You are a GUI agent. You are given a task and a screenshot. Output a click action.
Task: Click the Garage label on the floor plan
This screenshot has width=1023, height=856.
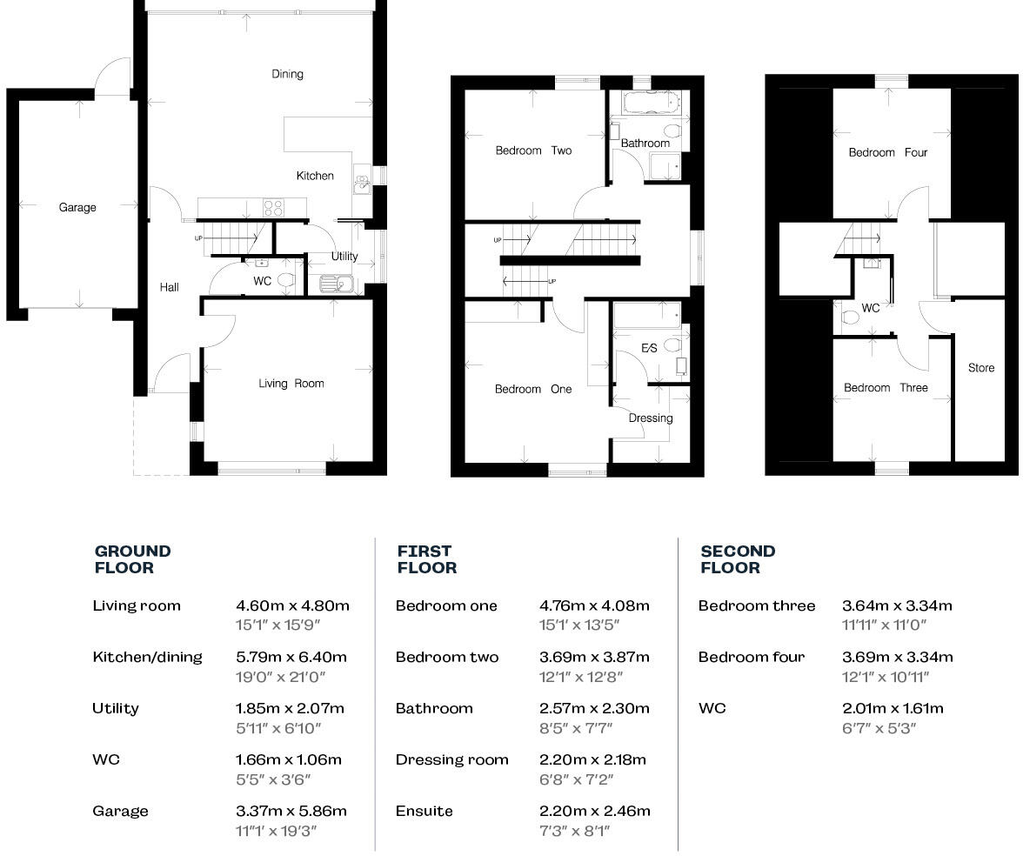coord(77,207)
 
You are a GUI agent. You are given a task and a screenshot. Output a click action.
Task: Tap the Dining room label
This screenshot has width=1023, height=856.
coord(287,74)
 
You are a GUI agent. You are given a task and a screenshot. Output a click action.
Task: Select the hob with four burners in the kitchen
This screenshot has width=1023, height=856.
coord(273,208)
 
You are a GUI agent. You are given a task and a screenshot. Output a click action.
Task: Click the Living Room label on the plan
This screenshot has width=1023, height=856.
coord(291,384)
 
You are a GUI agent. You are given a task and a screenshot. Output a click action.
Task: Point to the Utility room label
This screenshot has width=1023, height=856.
coord(344,257)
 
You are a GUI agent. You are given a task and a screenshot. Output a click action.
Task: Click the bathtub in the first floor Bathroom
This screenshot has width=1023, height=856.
coord(651,103)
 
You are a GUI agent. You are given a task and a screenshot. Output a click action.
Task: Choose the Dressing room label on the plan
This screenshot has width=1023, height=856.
coord(651,418)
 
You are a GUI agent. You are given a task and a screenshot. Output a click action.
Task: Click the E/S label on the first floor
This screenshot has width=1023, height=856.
coord(649,348)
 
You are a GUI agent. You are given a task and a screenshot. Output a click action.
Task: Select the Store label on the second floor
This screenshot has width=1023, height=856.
coord(981,368)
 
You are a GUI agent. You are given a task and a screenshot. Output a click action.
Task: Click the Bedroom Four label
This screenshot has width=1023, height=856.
coord(888,152)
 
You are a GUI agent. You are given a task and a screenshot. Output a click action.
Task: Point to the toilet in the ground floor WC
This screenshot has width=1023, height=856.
coord(285,280)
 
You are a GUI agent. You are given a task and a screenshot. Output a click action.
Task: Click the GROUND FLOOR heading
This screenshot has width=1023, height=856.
coord(132,559)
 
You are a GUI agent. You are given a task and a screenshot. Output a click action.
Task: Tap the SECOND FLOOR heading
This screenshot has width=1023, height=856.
coord(738,559)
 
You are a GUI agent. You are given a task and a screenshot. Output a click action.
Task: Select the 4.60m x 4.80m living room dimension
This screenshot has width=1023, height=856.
coord(292,605)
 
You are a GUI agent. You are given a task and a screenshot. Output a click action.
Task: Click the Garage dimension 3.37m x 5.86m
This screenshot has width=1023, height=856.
coord(291,811)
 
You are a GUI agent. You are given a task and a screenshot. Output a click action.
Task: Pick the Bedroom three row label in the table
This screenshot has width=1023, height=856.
coord(757,605)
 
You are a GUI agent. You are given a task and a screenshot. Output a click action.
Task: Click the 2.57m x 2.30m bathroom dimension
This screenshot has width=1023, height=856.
coord(594,708)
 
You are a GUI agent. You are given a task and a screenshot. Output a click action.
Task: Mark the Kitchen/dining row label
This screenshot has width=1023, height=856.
coord(147,657)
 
